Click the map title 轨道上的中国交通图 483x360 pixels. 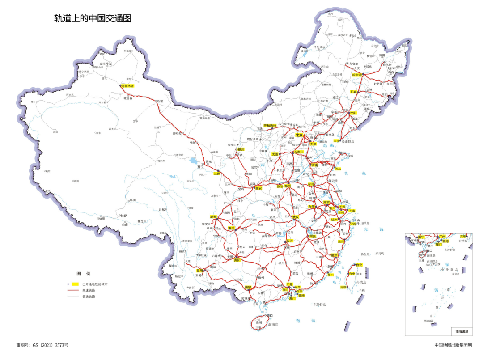pos(93,18)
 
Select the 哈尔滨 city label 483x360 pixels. pos(356,75)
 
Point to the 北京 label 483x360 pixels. pos(299,135)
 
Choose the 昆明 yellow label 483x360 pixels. pos(199,271)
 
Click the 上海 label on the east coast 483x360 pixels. pos(352,211)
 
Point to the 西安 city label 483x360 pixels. pos(258,188)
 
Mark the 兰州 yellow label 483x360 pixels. pos(216,173)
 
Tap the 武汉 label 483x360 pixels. pos(295,217)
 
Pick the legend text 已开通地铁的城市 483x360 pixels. pos(94,284)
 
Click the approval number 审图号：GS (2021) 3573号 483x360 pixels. pos(42,345)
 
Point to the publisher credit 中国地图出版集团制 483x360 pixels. pos(453,345)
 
